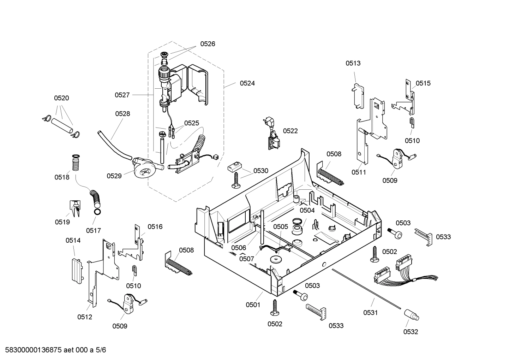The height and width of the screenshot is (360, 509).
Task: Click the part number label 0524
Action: (247, 83)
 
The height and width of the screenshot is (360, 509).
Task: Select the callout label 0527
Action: (122, 95)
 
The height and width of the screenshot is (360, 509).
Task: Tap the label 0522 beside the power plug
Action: (290, 131)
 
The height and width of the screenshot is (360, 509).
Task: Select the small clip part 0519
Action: (74, 208)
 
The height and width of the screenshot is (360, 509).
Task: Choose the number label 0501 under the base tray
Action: (253, 305)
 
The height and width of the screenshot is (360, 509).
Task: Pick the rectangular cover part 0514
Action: (77, 269)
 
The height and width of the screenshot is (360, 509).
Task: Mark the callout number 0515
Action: (423, 83)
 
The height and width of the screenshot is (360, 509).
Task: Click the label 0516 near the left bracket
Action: (155, 226)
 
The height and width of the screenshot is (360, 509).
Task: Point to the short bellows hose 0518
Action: (76, 164)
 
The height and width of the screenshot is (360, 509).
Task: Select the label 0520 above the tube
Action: (61, 98)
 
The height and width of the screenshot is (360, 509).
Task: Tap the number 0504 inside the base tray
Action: (307, 210)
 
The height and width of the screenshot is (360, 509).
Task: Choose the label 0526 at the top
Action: (208, 44)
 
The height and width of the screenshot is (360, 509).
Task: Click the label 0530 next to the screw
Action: (261, 171)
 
